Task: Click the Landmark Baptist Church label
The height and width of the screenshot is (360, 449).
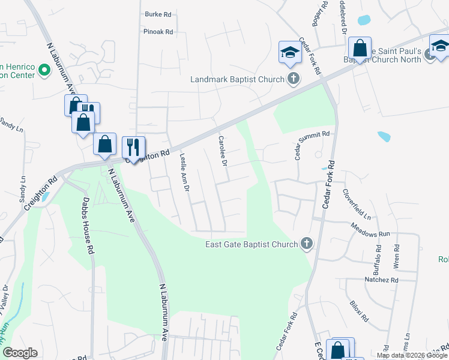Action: [237, 79]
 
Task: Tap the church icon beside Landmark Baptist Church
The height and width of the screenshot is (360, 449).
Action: [293, 79]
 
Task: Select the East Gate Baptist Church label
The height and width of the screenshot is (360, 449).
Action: [252, 244]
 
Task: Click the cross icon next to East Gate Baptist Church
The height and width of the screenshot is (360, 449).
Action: [307, 244]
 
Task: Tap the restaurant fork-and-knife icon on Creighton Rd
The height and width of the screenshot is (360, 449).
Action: [133, 147]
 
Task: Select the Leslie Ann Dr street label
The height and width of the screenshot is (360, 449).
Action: [185, 172]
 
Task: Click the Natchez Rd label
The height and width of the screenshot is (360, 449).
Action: [381, 280]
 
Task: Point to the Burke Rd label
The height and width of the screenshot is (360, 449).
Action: [158, 14]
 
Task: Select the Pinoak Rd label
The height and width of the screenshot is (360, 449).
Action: [158, 32]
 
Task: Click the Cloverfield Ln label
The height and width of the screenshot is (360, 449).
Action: [357, 204]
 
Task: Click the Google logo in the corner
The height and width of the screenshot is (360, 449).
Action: [20, 352]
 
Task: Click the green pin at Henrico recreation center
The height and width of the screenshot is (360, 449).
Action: [43, 70]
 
